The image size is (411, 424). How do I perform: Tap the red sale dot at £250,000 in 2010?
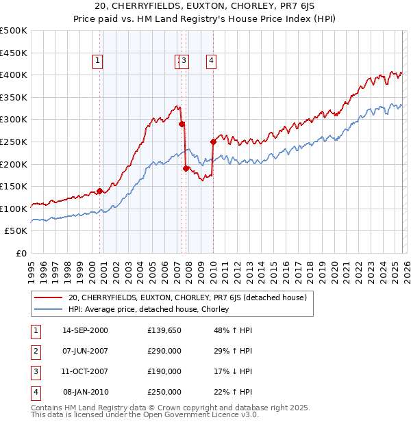pos(213,142)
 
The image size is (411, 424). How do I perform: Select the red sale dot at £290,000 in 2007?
pos(182,124)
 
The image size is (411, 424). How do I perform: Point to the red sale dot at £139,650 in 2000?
pos(100,191)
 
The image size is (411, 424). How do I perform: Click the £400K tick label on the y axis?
pos(14,75)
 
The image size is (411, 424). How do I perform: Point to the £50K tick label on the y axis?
pos(16,231)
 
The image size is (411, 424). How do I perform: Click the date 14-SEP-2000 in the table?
pos(85,330)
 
